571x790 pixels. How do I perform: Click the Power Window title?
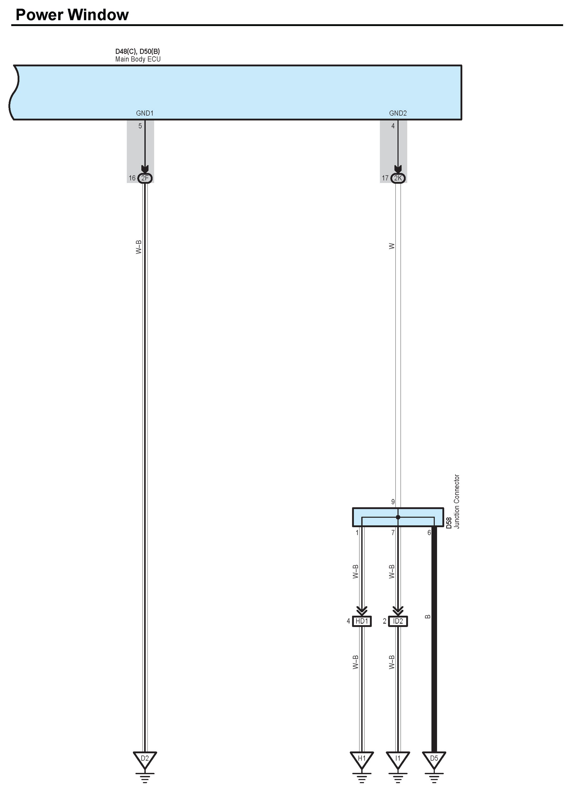72,15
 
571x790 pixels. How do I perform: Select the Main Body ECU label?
138,59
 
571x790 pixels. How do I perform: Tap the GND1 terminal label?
145,113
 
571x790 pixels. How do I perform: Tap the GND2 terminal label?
398,113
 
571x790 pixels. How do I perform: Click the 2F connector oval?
145,178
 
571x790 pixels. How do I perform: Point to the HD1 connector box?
362,621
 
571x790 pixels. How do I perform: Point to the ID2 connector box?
398,621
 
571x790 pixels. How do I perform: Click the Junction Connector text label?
457,502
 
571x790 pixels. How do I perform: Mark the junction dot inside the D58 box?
398,517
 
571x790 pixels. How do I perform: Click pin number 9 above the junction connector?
393,502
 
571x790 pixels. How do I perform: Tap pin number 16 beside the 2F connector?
132,178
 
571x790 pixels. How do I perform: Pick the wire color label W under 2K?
392,246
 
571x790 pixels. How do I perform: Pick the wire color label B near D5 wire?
428,616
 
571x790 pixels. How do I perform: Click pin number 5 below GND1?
140,126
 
